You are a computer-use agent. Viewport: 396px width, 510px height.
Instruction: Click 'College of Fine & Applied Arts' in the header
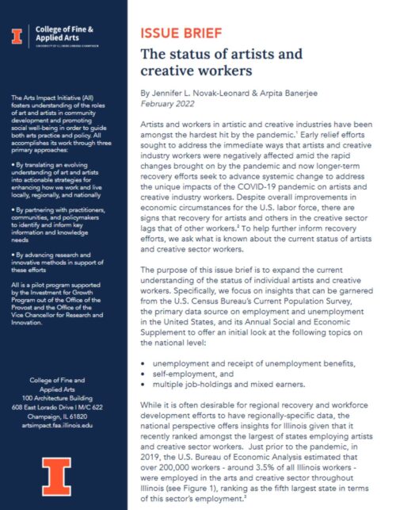pos(64,33)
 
